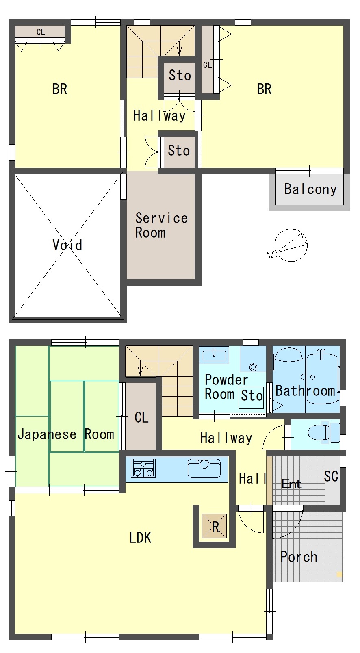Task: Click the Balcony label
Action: tap(310, 189)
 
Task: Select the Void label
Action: tap(67, 245)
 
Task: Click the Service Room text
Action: tap(161, 226)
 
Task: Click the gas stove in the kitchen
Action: tap(143, 468)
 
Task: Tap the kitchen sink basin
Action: tap(204, 468)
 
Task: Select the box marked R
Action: tap(215, 526)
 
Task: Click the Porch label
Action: tap(299, 557)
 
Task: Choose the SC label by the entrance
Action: tap(331, 476)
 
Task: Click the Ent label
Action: tap(291, 484)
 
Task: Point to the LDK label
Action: tap(140, 538)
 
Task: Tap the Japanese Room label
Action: tap(66, 434)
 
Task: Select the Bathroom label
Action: tap(305, 391)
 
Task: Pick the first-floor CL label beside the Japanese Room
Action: tap(142, 417)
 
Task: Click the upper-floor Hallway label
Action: tap(159, 116)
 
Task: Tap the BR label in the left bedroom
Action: tap(60, 89)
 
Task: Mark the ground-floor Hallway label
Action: tap(226, 438)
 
